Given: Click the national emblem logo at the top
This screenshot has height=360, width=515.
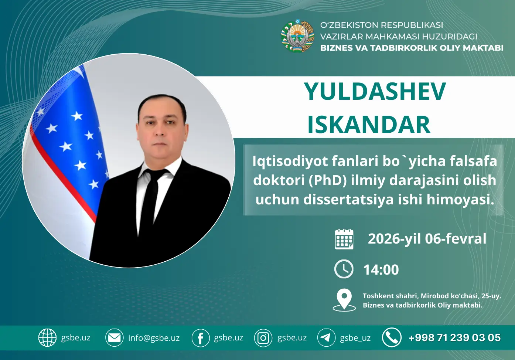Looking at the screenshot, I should click(x=297, y=36).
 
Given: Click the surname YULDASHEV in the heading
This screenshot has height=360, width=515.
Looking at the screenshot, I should click(x=375, y=91).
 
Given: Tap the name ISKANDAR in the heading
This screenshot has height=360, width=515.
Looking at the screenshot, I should click(x=369, y=125).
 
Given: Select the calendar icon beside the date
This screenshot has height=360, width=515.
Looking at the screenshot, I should click(x=344, y=239).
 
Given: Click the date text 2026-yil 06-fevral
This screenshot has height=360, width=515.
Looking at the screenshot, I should click(x=427, y=239).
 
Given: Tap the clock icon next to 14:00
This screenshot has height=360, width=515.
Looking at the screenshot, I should click(x=344, y=269).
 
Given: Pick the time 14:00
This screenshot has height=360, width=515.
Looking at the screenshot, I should click(x=381, y=270).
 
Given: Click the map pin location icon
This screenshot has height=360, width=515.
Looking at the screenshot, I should click(x=344, y=300).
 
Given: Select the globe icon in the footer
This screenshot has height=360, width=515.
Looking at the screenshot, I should click(x=47, y=337).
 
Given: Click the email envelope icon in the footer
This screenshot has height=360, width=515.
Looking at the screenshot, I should click(x=114, y=337).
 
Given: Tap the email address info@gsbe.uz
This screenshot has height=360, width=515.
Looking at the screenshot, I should click(x=154, y=338).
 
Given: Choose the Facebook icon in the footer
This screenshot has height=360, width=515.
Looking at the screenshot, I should click(x=200, y=338).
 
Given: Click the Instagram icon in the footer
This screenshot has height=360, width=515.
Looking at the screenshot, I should click(x=263, y=338).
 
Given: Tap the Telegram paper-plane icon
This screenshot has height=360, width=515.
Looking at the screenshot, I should click(x=326, y=337).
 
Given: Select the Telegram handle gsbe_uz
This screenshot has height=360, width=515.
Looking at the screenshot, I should click(x=355, y=338).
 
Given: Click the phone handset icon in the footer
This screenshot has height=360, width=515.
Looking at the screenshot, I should click(x=392, y=337).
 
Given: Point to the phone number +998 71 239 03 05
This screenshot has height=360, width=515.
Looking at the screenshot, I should click(x=454, y=337).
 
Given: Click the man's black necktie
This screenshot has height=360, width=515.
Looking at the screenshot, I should click(x=151, y=200).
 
